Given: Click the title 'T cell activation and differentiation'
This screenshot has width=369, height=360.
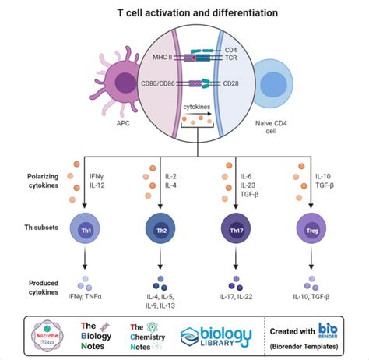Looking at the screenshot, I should pyautogui.click(x=184, y=13).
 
